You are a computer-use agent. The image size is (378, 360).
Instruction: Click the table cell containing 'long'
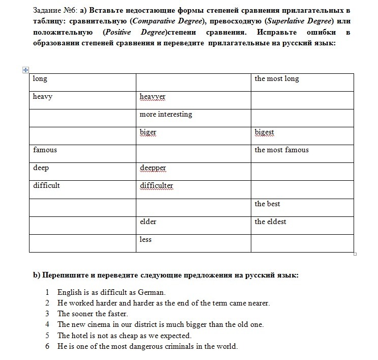coord(40,79)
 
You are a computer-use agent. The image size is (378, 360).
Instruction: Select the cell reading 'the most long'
coord(277,79)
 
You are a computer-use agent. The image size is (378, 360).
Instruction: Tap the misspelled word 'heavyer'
coord(153,97)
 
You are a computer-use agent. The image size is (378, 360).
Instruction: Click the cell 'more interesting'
coord(166,115)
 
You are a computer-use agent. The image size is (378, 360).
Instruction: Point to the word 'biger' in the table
coord(148,132)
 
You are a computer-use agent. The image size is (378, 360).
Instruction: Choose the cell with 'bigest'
coord(265,132)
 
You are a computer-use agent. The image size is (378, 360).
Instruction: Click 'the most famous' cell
coord(281,150)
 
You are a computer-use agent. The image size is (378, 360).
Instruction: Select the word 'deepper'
coord(153,168)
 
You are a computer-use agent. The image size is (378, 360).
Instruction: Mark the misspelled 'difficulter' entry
coord(156,186)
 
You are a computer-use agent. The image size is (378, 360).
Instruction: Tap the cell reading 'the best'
coord(267,204)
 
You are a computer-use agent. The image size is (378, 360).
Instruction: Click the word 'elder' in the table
coord(148,222)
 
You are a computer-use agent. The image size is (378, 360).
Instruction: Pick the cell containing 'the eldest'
coord(270,222)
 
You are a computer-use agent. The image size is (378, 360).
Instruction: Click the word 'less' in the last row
coord(146,240)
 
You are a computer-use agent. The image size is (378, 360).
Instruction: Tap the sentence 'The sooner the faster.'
coord(93,314)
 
